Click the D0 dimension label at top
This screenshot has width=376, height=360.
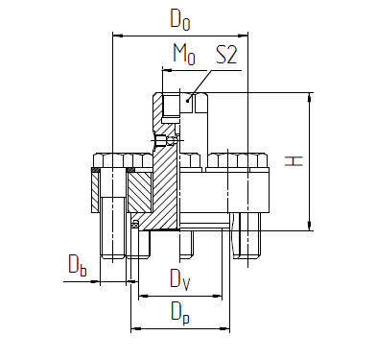[180, 20]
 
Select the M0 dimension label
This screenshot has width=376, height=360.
[184, 54]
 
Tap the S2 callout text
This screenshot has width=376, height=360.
[226, 55]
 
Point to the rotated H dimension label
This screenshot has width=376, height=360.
[294, 161]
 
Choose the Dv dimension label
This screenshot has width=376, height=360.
[180, 279]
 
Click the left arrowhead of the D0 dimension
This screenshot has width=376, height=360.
[117, 36]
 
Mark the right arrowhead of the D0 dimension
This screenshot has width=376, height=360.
[244, 36]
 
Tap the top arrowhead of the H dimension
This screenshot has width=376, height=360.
[309, 97]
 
